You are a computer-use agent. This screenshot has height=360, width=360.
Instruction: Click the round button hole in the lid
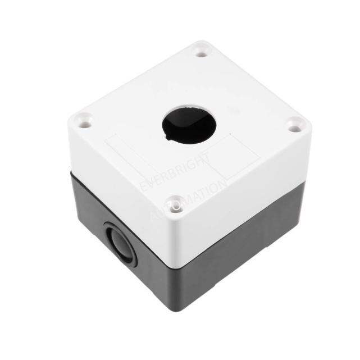pyautogui.click(x=189, y=125)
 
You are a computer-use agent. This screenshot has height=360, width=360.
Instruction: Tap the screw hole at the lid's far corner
pyautogui.click(x=200, y=53)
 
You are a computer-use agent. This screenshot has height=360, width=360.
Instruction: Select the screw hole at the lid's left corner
pyautogui.click(x=85, y=121)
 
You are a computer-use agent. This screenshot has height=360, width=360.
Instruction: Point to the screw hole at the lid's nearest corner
pyautogui.click(x=176, y=205)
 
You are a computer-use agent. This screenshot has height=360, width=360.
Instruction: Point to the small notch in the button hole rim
pyautogui.click(x=167, y=134)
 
